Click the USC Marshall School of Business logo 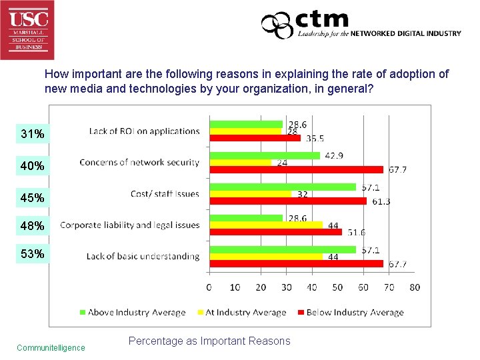point(27,29)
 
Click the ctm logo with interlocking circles point(277,26)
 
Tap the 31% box point(33,135)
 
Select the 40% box point(33,166)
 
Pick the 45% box point(33,198)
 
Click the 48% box point(33,226)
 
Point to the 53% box point(33,254)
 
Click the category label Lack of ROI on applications point(144,131)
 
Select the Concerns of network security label point(139,162)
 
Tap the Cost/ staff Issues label point(165,194)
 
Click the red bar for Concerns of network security point(296,169)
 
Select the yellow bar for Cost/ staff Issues point(251,194)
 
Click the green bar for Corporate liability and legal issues point(246,218)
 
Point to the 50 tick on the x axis point(337,287)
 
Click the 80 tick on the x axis point(414,287)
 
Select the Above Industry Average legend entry point(133,312)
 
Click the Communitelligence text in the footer point(51,347)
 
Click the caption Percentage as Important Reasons point(209,341)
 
